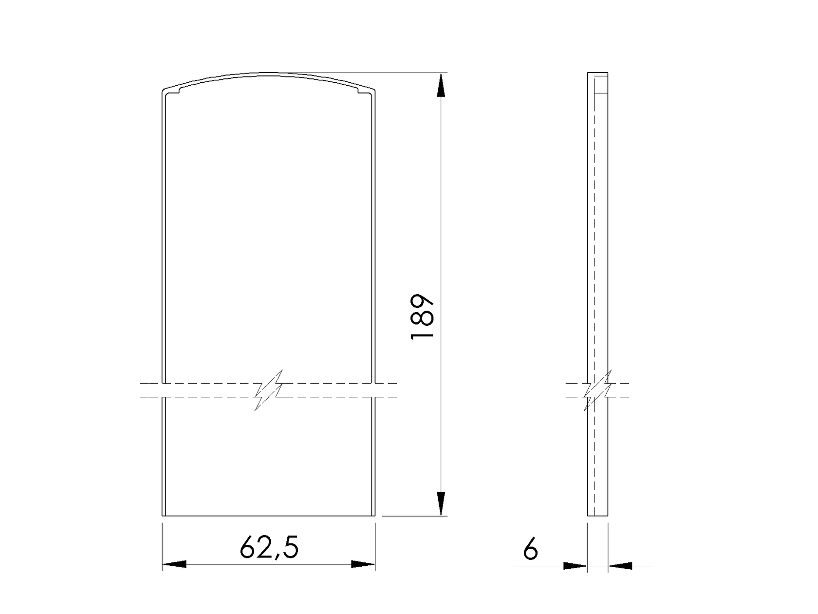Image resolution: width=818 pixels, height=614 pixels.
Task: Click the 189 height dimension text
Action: click(422, 316)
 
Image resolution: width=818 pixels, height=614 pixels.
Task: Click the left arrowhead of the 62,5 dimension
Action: click(174, 564)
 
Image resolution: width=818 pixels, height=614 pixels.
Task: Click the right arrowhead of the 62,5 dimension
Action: click(363, 564)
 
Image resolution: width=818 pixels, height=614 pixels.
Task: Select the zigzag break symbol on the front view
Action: click(269, 391)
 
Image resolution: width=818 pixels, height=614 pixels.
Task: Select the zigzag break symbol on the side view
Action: click(597, 391)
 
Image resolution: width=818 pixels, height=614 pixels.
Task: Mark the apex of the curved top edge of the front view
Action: click(269, 74)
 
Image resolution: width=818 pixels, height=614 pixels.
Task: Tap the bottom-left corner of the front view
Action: click(162, 515)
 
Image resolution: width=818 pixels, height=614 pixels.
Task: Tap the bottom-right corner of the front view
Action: click(375, 515)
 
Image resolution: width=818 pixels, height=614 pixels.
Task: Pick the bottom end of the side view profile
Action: click(598, 515)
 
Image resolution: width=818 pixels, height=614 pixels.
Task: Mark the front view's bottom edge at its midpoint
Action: click(269, 515)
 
